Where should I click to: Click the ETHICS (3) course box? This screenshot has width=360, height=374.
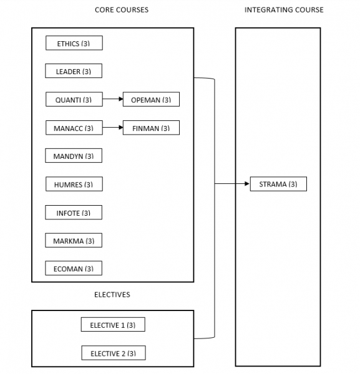pyautogui.click(x=74, y=44)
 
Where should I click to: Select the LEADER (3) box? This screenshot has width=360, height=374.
pyautogui.click(x=74, y=72)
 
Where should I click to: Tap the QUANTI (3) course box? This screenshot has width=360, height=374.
pyautogui.click(x=74, y=100)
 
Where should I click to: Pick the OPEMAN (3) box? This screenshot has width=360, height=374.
pyautogui.click(x=151, y=100)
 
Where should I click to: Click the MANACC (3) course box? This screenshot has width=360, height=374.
pyautogui.click(x=74, y=128)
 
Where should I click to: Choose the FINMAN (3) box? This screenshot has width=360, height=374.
pyautogui.click(x=151, y=128)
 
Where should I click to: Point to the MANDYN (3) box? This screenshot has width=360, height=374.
pyautogui.click(x=74, y=156)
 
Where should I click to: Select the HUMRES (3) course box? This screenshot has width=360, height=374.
pyautogui.click(x=74, y=185)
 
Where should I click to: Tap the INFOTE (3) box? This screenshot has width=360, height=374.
pyautogui.click(x=74, y=213)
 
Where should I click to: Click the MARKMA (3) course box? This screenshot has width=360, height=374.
pyautogui.click(x=74, y=241)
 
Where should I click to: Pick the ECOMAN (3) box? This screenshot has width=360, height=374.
pyautogui.click(x=74, y=269)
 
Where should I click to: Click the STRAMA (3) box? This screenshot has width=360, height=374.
pyautogui.click(x=278, y=185)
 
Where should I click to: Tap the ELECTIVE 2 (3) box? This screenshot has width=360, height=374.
pyautogui.click(x=113, y=353)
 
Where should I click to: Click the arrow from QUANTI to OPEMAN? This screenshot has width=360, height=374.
pyautogui.click(x=112, y=100)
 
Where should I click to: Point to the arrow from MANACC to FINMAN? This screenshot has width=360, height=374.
pyautogui.click(x=112, y=128)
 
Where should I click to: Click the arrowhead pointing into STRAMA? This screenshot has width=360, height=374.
pyautogui.click(x=246, y=185)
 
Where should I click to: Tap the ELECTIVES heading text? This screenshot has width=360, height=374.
pyautogui.click(x=112, y=294)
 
